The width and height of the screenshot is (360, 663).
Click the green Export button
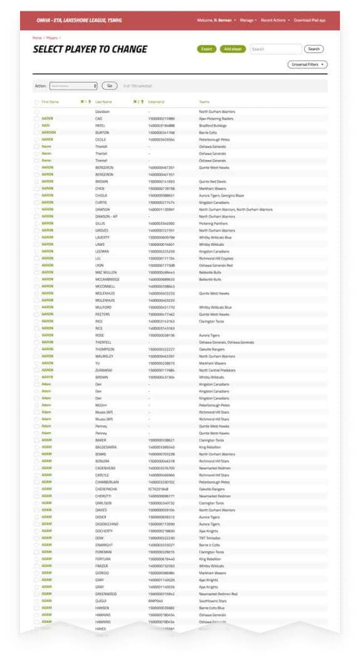(206, 49)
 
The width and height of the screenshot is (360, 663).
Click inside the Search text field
(275, 49)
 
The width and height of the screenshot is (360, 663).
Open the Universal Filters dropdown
(307, 65)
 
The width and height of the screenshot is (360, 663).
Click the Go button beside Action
(109, 85)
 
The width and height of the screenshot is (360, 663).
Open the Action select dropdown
(73, 85)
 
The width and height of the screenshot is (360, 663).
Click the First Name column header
(50, 102)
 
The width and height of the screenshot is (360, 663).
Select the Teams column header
(204, 102)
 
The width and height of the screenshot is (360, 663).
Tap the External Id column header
(157, 102)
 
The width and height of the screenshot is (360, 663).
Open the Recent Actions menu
(275, 20)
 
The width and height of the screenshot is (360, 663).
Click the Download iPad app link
(310, 20)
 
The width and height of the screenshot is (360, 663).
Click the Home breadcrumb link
(37, 38)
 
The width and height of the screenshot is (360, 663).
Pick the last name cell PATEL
(100, 125)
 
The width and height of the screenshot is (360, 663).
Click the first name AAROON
(48, 132)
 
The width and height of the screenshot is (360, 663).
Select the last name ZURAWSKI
(103, 370)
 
